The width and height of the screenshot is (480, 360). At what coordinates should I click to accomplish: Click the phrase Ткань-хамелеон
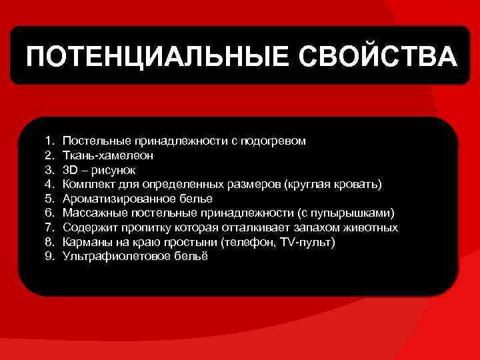tap(108, 156)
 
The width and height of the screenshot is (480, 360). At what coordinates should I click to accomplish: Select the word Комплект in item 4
tap(87, 185)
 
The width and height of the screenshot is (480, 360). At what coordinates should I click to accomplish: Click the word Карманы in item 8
tap(85, 242)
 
